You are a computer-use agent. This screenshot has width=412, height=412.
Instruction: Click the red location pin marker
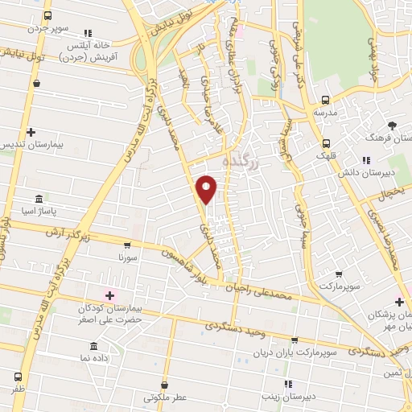[x=207, y=188]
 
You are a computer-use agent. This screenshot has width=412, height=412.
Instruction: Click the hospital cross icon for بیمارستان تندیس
[x=31, y=132]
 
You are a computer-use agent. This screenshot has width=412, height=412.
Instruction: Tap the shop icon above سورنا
[x=127, y=245]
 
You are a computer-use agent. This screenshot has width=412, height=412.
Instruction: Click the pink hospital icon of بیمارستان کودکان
[x=110, y=296]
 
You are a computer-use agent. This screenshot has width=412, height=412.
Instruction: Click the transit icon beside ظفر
[x=18, y=376]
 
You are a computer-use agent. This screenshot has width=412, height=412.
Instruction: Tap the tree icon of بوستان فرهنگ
[x=392, y=126]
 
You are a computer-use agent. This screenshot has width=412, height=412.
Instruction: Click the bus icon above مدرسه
[x=325, y=101]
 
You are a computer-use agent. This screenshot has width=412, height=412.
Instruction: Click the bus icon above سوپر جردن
[x=47, y=16]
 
